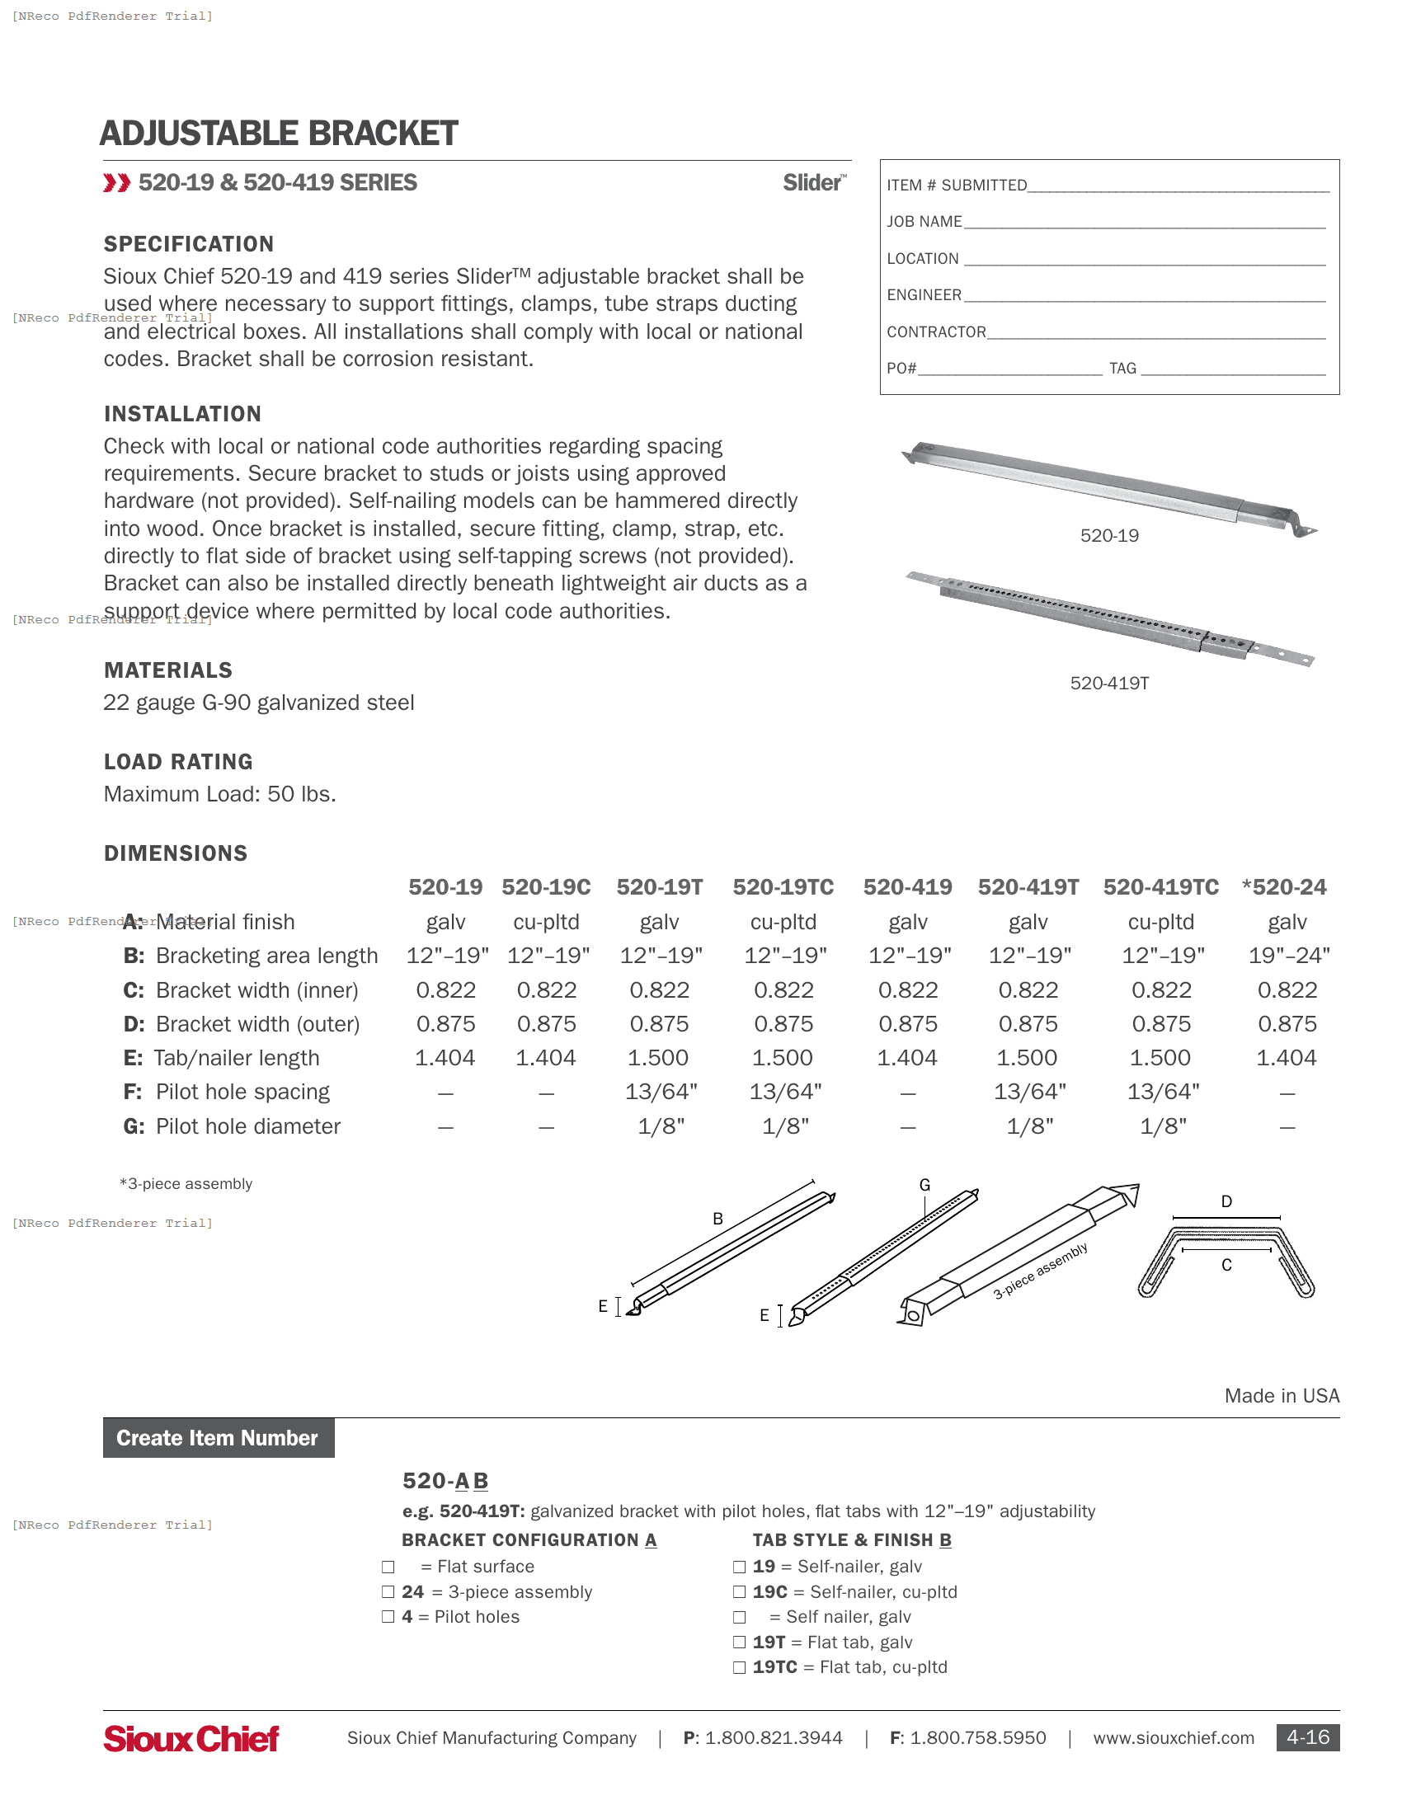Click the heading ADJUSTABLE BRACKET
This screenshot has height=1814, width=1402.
click(278, 134)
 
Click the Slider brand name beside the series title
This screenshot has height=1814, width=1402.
click(813, 183)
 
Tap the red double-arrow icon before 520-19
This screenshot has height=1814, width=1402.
click(117, 183)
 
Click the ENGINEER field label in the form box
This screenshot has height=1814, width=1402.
click(924, 295)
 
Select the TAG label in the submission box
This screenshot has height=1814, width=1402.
click(1122, 368)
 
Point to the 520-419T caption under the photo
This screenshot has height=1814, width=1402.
click(1108, 683)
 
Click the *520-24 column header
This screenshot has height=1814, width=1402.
click(1284, 887)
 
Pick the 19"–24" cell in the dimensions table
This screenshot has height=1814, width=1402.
click(1288, 955)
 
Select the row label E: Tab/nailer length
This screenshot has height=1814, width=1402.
click(222, 1057)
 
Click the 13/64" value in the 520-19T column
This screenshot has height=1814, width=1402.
click(661, 1092)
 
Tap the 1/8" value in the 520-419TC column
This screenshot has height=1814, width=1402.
click(1162, 1126)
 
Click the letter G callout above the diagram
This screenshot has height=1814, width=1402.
click(924, 1185)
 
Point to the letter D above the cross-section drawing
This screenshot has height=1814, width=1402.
click(1226, 1201)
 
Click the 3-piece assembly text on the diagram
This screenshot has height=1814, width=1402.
click(1040, 1271)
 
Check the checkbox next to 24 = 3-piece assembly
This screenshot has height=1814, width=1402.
click(388, 1591)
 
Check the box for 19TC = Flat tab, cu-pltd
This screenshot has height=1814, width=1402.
click(739, 1667)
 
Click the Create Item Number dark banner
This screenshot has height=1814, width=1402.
click(219, 1438)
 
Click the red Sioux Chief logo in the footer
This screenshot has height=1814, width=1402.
click(191, 1738)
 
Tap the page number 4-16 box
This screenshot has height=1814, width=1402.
click(1306, 1737)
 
